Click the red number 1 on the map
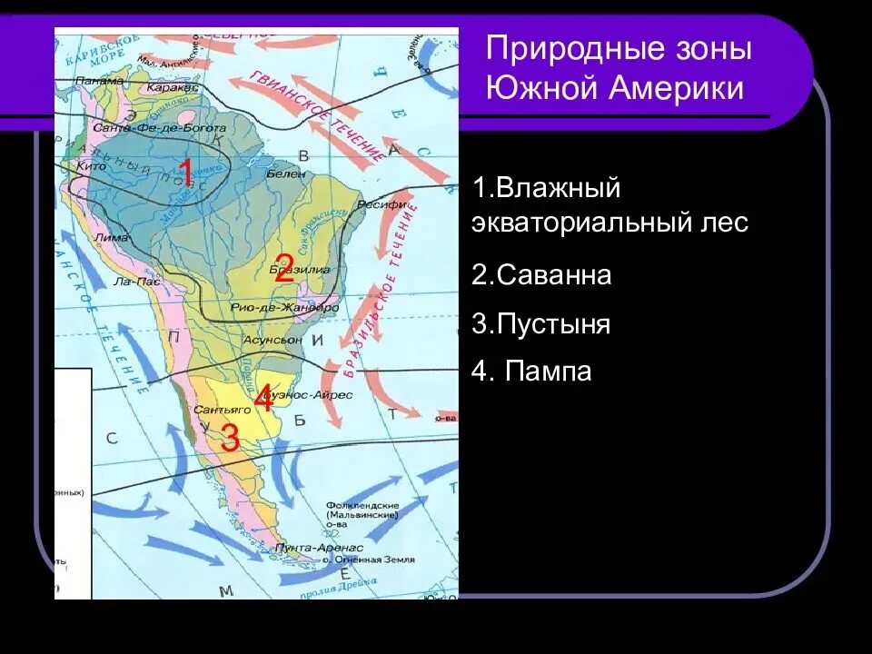coord(185,173)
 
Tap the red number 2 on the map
coord(284,268)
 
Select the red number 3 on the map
coord(230,438)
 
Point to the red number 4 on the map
coord(263,398)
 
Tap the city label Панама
coord(100,80)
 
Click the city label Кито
coord(92,166)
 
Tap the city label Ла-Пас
coord(137,282)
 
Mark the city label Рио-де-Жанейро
coord(284,308)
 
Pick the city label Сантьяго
coord(216,411)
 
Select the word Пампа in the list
coord(549,372)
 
